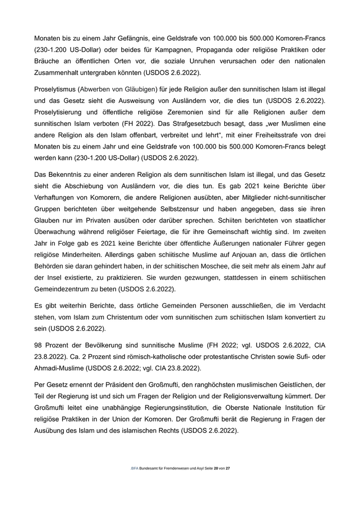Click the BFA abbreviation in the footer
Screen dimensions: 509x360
(135, 469)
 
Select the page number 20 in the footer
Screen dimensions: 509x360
(216, 469)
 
